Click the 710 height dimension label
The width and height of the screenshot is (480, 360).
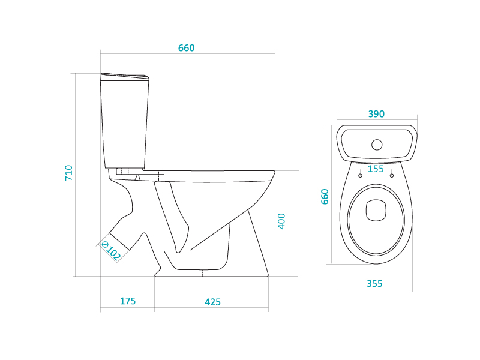click(69, 173)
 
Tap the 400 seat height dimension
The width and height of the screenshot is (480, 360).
click(281, 221)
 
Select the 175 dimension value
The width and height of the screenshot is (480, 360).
click(128, 301)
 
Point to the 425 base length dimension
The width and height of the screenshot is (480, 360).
click(213, 302)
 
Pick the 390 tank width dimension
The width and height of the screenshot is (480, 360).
click(376, 114)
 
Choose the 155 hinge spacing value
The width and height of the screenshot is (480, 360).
click(376, 169)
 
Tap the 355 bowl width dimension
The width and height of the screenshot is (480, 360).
click(374, 284)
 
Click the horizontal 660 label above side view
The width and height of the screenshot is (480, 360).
click(187, 48)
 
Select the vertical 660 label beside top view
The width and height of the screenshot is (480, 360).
click(325, 197)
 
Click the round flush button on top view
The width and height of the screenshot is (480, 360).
click(377, 145)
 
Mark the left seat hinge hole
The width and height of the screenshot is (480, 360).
click(361, 176)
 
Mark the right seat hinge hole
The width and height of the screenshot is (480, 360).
click(392, 176)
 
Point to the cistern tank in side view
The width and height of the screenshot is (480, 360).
click(125, 121)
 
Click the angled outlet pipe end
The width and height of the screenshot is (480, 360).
click(119, 242)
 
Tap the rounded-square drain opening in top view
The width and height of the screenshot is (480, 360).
click(376, 211)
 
